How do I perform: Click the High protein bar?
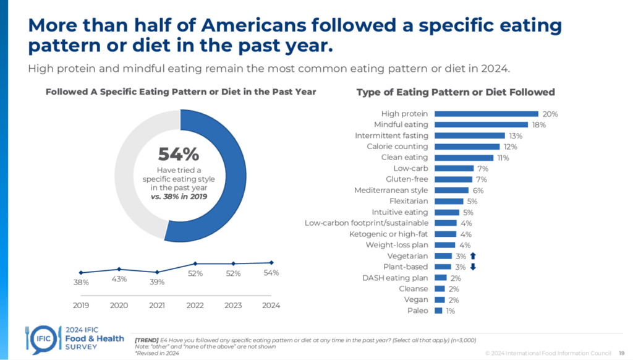(486, 114)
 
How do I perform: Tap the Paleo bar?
(438, 311)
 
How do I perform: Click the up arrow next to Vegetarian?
(473, 255)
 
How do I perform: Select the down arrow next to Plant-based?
(473, 267)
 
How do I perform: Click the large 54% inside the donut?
(179, 154)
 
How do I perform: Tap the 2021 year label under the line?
(157, 305)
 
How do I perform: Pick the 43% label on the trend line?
(119, 279)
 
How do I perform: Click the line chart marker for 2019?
(81, 273)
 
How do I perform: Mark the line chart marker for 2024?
(271, 262)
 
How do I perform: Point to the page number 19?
(621, 353)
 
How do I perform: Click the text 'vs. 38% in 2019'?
(179, 196)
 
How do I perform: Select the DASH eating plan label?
(395, 278)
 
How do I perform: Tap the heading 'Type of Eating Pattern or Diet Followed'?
(456, 92)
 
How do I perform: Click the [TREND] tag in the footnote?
(145, 340)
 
